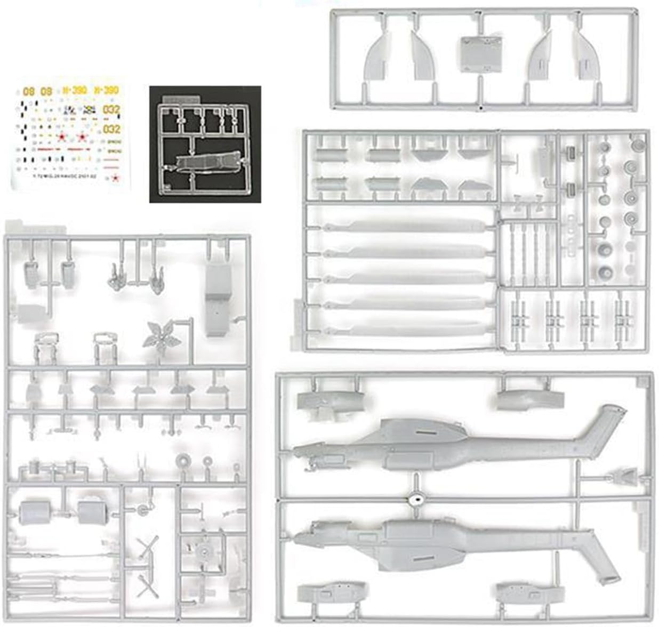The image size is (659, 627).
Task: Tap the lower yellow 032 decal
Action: tap(111, 129)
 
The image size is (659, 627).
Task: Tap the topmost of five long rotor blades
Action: tap(405, 226)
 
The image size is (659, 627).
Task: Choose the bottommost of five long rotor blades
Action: tap(405, 326)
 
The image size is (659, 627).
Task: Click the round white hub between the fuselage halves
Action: tap(416, 498)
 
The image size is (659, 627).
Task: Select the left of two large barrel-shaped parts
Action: tap(35, 513)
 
